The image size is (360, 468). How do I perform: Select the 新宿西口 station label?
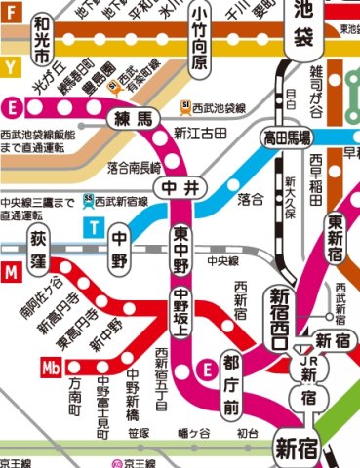280,318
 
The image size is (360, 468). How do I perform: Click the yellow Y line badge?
9,68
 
